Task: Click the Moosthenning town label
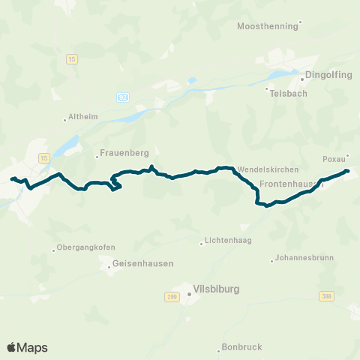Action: click(267, 25)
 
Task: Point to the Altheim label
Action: click(82, 117)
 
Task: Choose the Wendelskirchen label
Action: click(268, 170)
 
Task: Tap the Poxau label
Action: click(333, 159)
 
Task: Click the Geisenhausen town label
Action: click(142, 264)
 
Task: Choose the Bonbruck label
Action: click(243, 347)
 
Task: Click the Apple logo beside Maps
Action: click(11, 347)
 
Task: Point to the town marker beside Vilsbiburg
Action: click(189, 294)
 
